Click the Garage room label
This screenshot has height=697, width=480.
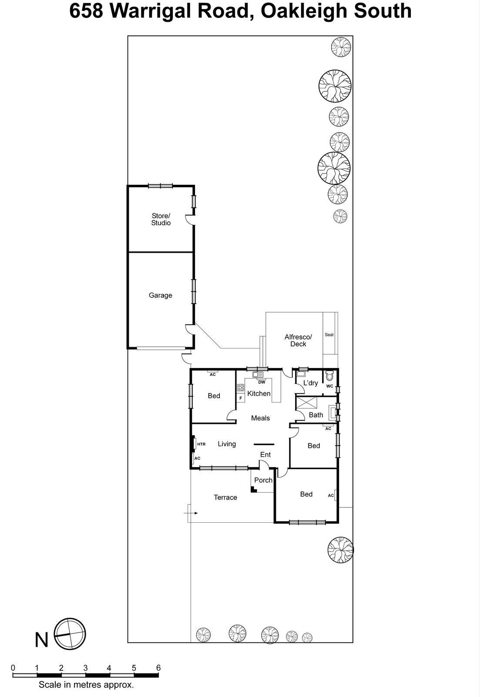160,295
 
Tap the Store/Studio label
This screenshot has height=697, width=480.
161,219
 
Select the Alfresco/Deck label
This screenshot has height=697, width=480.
298,340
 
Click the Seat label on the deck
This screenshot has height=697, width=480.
329,335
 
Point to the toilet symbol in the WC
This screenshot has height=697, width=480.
329,376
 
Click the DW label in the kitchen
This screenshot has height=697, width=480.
262,382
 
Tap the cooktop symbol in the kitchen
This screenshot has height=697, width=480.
240,387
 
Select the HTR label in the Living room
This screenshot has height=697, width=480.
201,444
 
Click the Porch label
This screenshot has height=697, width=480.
263,480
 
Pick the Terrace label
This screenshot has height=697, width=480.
225,497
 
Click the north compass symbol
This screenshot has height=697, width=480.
70,634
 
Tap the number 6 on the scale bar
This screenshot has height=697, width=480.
158,668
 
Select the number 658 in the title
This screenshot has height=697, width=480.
86,11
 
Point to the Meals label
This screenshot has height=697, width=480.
260,418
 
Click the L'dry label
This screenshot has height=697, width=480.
310,383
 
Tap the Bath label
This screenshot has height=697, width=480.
316,415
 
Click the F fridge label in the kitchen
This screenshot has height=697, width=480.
241,398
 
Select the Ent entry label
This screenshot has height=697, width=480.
265,455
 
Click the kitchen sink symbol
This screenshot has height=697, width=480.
258,374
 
